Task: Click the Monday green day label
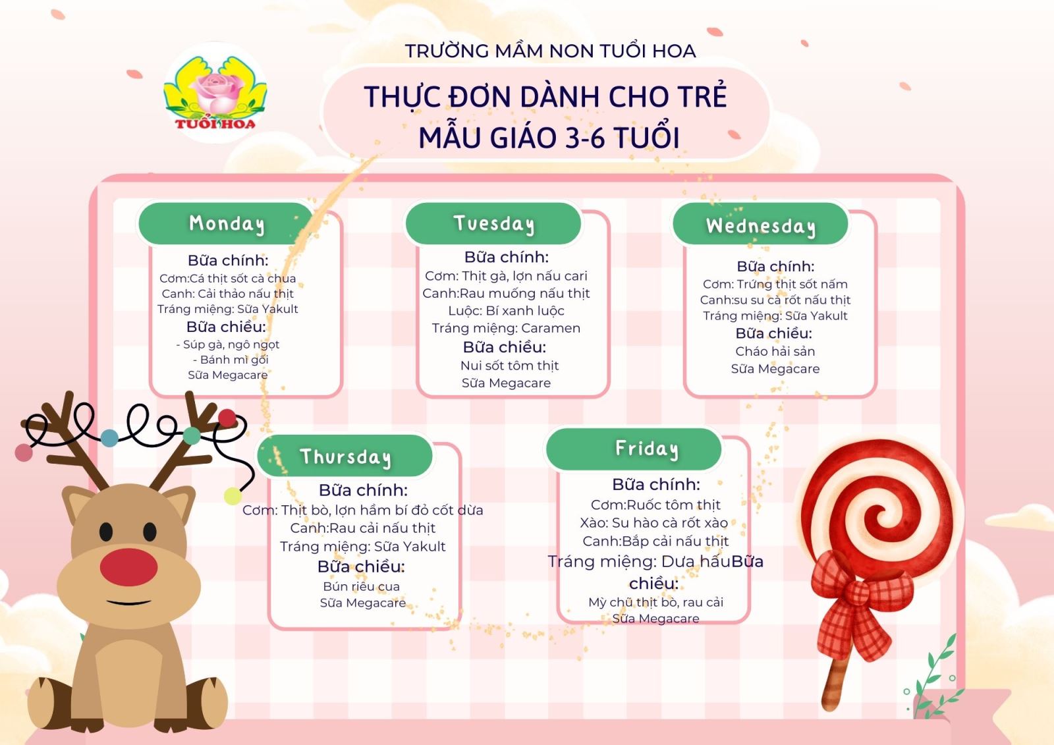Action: tap(227, 223)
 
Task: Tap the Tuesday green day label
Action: tap(493, 223)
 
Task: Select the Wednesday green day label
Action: tap(760, 225)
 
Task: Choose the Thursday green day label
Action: tap(345, 456)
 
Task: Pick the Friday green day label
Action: tap(634, 449)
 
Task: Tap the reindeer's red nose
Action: tap(128, 566)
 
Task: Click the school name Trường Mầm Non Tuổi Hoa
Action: tap(550, 51)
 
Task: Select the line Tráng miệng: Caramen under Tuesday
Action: tap(506, 328)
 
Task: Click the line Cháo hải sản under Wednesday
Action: tap(775, 351)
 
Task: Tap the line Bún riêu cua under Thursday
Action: tap(362, 586)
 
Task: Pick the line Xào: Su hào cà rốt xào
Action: tap(653, 523)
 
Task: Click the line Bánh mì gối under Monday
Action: tap(231, 360)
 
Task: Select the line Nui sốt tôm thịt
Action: tap(509, 366)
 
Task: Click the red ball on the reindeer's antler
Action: tap(227, 418)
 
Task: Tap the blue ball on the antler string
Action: tap(109, 437)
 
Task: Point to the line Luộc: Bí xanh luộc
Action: tap(506, 311)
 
